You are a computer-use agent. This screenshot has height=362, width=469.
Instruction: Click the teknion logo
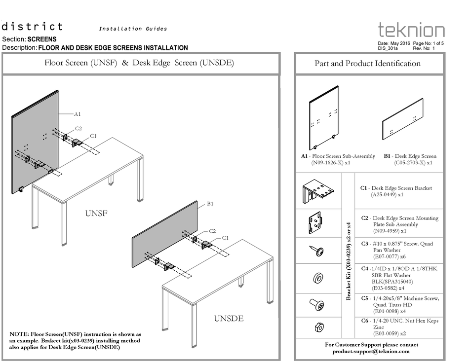point(411,30)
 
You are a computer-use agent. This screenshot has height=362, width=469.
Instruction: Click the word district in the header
point(33,27)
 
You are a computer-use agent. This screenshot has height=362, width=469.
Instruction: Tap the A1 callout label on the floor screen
point(78,114)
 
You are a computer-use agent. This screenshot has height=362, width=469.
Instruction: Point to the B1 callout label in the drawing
point(210,203)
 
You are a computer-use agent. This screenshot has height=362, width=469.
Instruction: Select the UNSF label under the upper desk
point(96,214)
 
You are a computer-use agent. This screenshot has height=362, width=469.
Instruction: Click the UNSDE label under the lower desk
point(229,319)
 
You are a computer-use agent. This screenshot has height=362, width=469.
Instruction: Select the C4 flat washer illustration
point(318,278)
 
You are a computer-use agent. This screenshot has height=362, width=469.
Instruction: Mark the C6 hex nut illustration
point(318,327)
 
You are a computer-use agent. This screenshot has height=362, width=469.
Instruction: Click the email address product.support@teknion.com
point(371,351)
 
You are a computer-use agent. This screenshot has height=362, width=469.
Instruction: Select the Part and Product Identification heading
point(367,64)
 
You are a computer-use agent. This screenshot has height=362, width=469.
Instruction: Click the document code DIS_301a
point(388,48)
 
